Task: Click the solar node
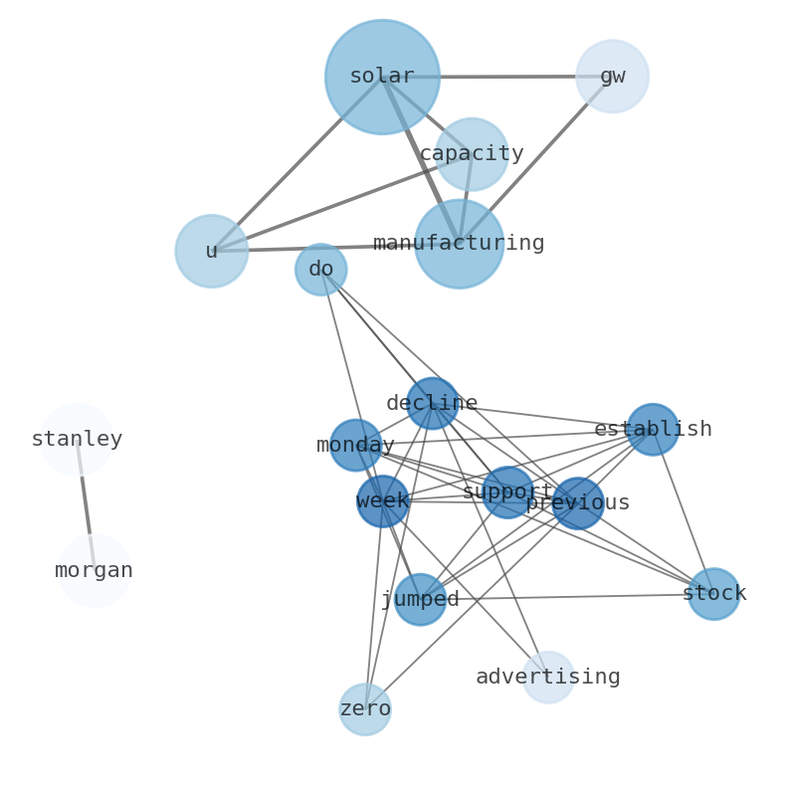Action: [382, 77]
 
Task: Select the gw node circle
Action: [612, 77]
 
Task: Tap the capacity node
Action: [472, 154]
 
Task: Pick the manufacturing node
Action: [459, 244]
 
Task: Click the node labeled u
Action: [212, 251]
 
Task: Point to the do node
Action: [320, 270]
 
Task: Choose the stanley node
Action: [77, 439]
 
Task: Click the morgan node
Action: [95, 570]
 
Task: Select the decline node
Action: [432, 403]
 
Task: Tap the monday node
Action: [355, 445]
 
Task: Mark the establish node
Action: [653, 430]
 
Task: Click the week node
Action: [383, 500]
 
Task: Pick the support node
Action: [507, 492]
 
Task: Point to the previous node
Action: [577, 503]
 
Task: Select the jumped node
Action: [420, 599]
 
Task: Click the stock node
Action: [713, 594]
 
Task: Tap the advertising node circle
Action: [548, 677]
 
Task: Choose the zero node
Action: [365, 709]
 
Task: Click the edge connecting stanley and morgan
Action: [86, 504]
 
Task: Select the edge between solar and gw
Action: [497, 77]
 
